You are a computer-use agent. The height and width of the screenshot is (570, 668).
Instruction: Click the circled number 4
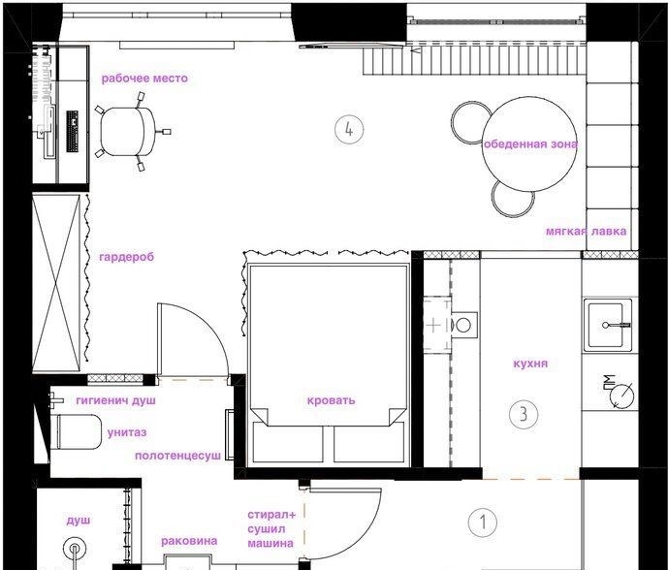(349, 129)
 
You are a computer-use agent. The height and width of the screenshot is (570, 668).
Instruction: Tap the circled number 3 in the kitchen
(524, 414)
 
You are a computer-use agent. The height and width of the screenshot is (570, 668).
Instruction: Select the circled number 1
(483, 522)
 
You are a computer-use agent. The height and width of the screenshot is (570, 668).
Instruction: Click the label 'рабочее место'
(144, 79)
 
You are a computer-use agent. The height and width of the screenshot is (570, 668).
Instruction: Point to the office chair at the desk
(129, 132)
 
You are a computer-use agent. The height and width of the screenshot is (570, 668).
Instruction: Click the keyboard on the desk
(73, 131)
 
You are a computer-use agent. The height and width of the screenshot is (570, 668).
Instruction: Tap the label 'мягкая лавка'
(587, 232)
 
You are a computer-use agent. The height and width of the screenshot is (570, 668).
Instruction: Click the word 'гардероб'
(127, 257)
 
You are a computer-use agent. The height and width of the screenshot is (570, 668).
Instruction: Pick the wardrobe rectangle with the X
(56, 283)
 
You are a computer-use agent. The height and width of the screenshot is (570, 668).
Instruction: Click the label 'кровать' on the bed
(331, 400)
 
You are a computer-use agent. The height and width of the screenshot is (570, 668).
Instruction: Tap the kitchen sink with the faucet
(608, 325)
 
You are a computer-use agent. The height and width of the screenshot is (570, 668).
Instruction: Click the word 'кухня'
(530, 364)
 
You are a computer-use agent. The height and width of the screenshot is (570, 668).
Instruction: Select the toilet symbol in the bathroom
(76, 431)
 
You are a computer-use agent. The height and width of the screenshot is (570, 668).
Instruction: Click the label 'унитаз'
(127, 432)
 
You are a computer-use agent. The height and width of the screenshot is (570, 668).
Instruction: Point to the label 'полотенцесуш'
(178, 456)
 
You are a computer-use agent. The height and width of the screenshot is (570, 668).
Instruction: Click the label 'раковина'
(189, 541)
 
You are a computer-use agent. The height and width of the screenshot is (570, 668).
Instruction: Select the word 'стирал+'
(271, 515)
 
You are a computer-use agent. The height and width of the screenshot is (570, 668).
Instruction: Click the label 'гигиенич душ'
(116, 400)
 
